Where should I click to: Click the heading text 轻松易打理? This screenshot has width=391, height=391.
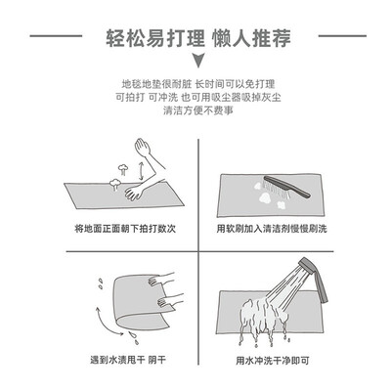tap(155, 38)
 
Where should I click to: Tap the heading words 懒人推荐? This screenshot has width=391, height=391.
tap(251, 38)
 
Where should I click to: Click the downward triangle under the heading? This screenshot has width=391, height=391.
tap(197, 61)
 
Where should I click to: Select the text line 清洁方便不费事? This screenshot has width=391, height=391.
tap(198, 110)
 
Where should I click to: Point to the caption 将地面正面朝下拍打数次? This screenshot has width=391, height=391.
tap(125, 229)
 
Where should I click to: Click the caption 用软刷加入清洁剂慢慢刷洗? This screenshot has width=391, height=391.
tap(272, 229)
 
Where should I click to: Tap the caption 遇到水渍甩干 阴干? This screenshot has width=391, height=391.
tap(128, 360)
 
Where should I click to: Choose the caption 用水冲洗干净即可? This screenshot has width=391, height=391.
tap(273, 361)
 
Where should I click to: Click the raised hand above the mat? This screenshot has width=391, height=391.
tap(142, 148)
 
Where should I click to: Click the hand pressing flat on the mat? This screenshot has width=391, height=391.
tap(134, 193)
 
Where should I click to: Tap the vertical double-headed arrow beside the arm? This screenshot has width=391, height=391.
tap(141, 171)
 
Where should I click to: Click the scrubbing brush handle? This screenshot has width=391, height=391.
tap(287, 187)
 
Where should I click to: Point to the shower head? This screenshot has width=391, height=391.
tap(314, 280)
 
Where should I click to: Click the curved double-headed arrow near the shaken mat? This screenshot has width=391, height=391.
tap(106, 324)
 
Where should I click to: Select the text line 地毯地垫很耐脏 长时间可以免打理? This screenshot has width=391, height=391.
tap(198, 84)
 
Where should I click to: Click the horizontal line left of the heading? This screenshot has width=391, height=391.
tap(56, 36)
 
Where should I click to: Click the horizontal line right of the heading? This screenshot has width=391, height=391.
tap(342, 36)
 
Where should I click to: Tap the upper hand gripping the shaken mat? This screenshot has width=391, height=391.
tap(161, 280)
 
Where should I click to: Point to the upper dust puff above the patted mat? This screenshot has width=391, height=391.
tap(123, 169)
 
